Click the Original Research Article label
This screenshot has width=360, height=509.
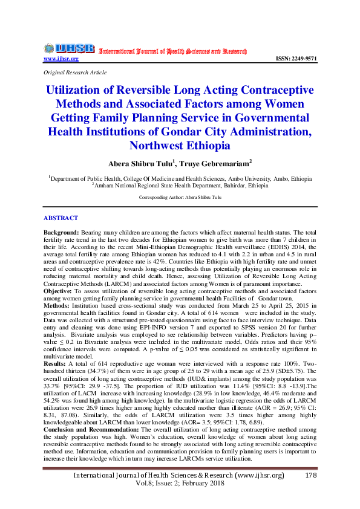click(74, 72)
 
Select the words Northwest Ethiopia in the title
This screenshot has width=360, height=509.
click(180, 146)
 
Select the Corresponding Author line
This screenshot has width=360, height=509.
click(180, 198)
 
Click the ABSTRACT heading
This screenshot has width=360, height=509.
click(61, 218)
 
